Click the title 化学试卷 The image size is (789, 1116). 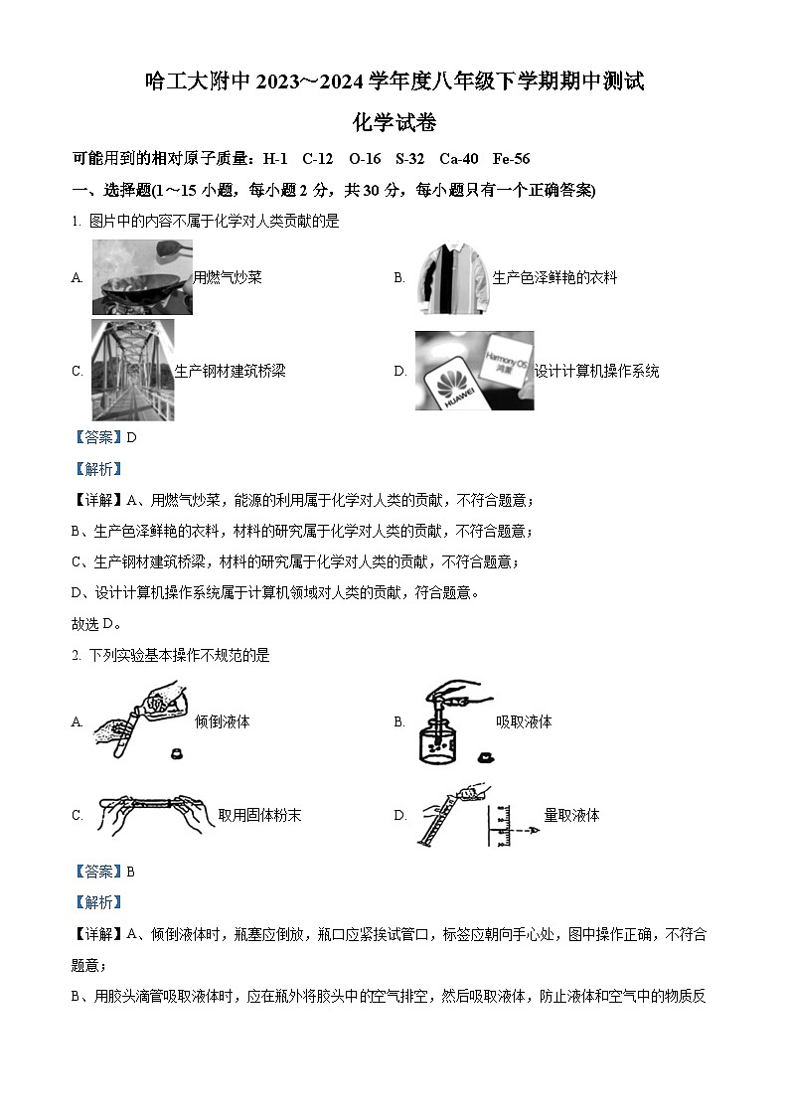pyautogui.click(x=394, y=123)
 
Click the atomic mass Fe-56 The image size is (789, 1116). pyautogui.click(x=511, y=159)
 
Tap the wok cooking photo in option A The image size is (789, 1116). pyautogui.click(x=142, y=277)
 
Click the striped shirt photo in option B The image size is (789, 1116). pyautogui.click(x=453, y=277)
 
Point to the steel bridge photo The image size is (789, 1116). pyautogui.click(x=132, y=370)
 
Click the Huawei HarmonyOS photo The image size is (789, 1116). pyautogui.click(x=474, y=371)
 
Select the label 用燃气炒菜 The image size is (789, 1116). pyautogui.click(x=228, y=278)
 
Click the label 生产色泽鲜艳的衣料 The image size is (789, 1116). pyautogui.click(x=554, y=278)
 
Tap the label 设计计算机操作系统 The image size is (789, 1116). pyautogui.click(x=596, y=372)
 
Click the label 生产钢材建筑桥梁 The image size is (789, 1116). pyautogui.click(x=230, y=372)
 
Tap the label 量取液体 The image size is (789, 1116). pyautogui.click(x=571, y=815)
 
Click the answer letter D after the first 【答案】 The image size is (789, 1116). pyautogui.click(x=130, y=437)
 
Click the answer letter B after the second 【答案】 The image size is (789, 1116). pyautogui.click(x=130, y=872)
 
